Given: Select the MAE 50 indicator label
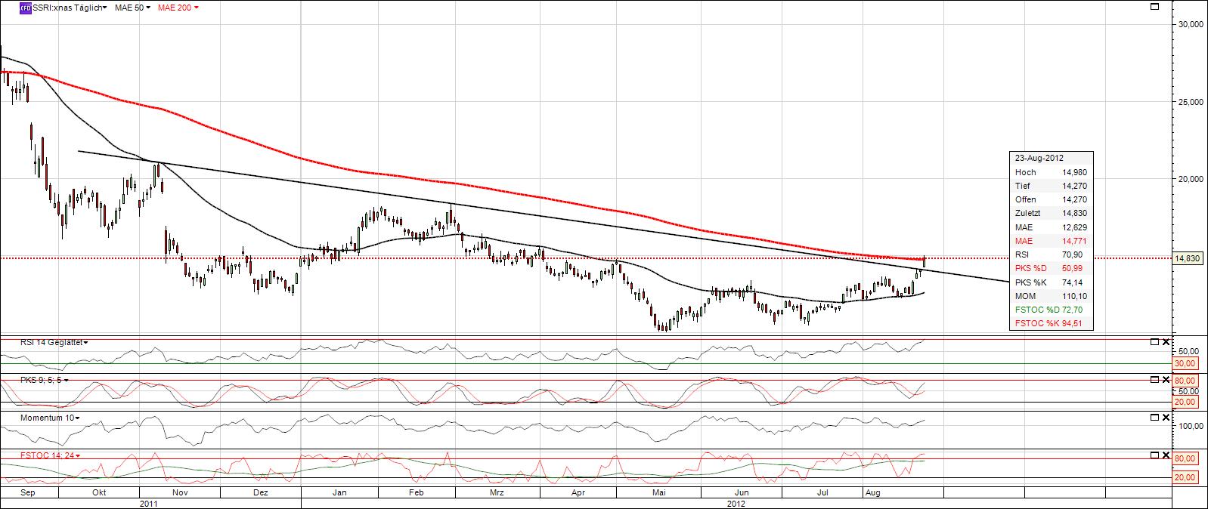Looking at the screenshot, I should click(129, 7).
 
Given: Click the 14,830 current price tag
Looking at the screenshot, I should click(1188, 258).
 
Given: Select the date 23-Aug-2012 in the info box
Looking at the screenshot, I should click(1039, 159).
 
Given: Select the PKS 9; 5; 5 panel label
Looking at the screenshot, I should click(32, 380).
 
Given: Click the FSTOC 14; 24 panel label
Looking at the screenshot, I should click(33, 455).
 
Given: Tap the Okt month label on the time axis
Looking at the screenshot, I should click(98, 492).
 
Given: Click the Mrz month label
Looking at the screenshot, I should click(497, 492).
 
